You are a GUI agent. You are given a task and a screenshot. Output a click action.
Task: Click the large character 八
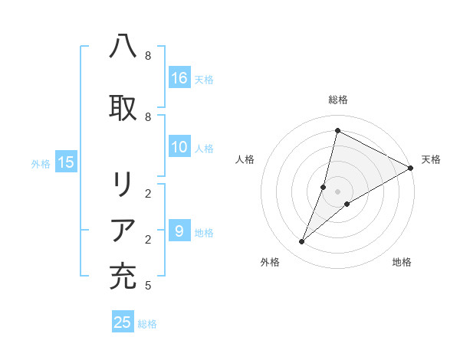click(123, 47)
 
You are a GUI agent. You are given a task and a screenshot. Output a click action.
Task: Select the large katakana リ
click(123, 185)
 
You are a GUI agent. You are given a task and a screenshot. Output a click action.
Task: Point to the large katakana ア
click(123, 231)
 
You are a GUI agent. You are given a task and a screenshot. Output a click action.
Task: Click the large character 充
click(123, 277)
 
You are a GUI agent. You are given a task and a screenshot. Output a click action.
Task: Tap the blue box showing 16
click(179, 77)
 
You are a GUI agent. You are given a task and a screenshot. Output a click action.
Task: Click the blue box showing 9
click(179, 231)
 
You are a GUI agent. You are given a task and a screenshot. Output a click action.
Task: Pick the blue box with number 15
click(66, 162)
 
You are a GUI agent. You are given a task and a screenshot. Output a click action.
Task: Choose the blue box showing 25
click(123, 322)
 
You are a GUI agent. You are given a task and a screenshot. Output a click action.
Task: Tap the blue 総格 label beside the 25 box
click(147, 324)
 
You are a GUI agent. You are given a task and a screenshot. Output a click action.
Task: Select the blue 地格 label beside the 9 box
click(204, 233)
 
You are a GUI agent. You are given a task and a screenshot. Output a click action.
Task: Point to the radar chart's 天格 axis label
click(431, 159)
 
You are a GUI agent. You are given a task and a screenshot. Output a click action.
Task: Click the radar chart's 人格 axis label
click(245, 159)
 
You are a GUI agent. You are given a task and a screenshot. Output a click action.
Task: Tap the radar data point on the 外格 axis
click(302, 242)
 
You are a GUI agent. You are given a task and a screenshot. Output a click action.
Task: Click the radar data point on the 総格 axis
click(337, 131)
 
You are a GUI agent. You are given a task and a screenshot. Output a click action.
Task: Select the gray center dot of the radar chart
click(337, 191)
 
